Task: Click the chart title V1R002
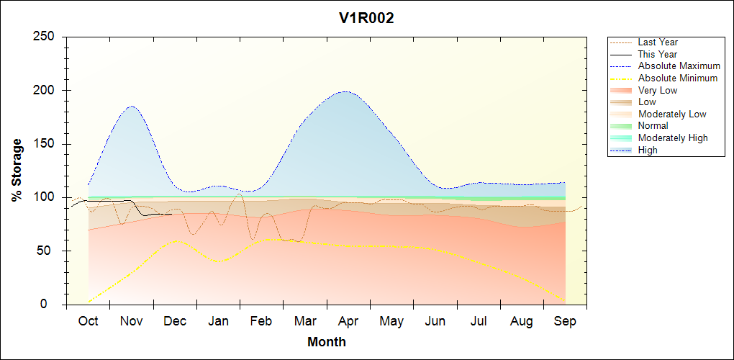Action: coord(366,19)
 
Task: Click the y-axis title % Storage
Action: coord(17,170)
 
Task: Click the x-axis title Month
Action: coord(326,342)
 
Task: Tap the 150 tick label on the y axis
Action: coord(46,144)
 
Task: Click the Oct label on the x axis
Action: coord(88,321)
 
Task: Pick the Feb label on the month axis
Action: coord(261,321)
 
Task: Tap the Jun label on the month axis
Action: coord(435,321)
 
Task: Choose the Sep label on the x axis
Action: coord(565,321)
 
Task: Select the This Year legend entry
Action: coord(657,54)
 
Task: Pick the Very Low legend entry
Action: coord(657,90)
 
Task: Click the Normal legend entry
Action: coord(653,126)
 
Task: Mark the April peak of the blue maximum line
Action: coord(346,91)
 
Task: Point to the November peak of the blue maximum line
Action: coord(132,107)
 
